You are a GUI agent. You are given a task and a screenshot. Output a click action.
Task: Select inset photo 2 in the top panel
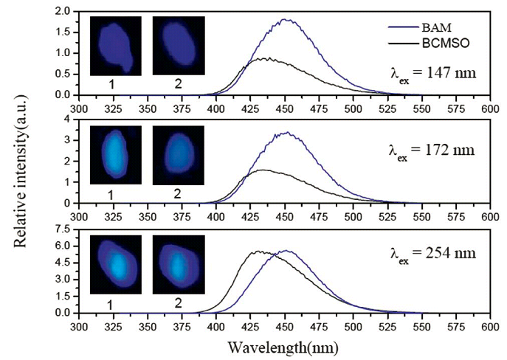(x=178, y=46)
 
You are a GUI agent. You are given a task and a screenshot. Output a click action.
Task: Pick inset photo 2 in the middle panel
(x=178, y=154)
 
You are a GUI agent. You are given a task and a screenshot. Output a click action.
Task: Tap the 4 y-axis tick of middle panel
(x=66, y=120)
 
